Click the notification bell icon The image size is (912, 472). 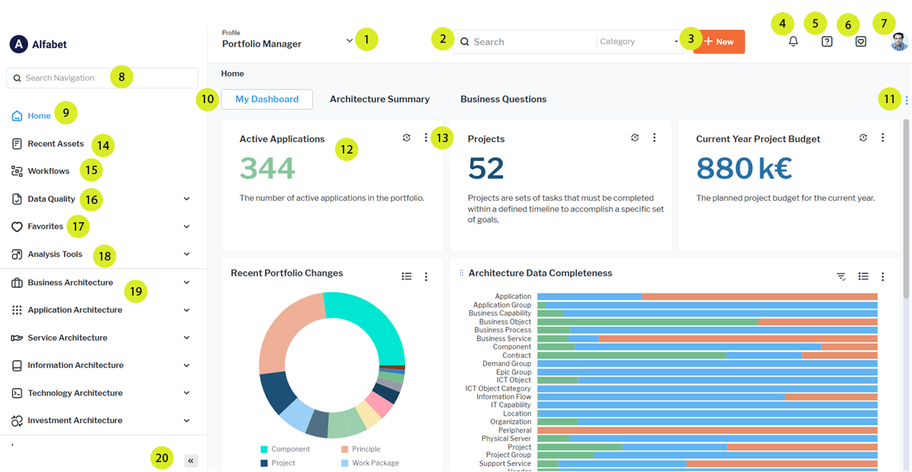(x=793, y=42)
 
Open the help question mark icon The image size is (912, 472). (x=827, y=42)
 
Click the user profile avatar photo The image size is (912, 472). (x=899, y=42)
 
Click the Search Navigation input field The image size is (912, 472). (x=102, y=78)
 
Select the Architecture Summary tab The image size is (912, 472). (x=379, y=99)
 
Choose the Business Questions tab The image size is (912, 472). (x=503, y=99)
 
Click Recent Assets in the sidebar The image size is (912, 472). (x=56, y=144)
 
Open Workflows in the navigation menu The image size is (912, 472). (x=48, y=171)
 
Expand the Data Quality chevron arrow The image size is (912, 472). (x=187, y=199)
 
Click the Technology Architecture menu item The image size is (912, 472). (x=75, y=393)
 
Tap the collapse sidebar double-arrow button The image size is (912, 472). (x=191, y=461)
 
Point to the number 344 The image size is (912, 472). (x=267, y=168)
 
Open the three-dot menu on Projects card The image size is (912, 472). (x=654, y=138)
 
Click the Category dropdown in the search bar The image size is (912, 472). (x=638, y=42)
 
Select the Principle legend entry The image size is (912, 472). (x=365, y=449)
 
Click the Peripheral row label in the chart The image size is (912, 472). (x=514, y=430)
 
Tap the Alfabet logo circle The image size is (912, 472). (x=18, y=44)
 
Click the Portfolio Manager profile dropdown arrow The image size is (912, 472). (x=350, y=40)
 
